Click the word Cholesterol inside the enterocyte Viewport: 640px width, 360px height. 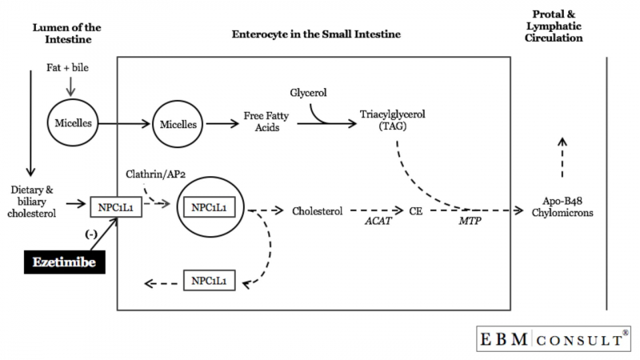[317, 212]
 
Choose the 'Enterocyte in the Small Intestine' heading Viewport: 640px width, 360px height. [316, 35]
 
